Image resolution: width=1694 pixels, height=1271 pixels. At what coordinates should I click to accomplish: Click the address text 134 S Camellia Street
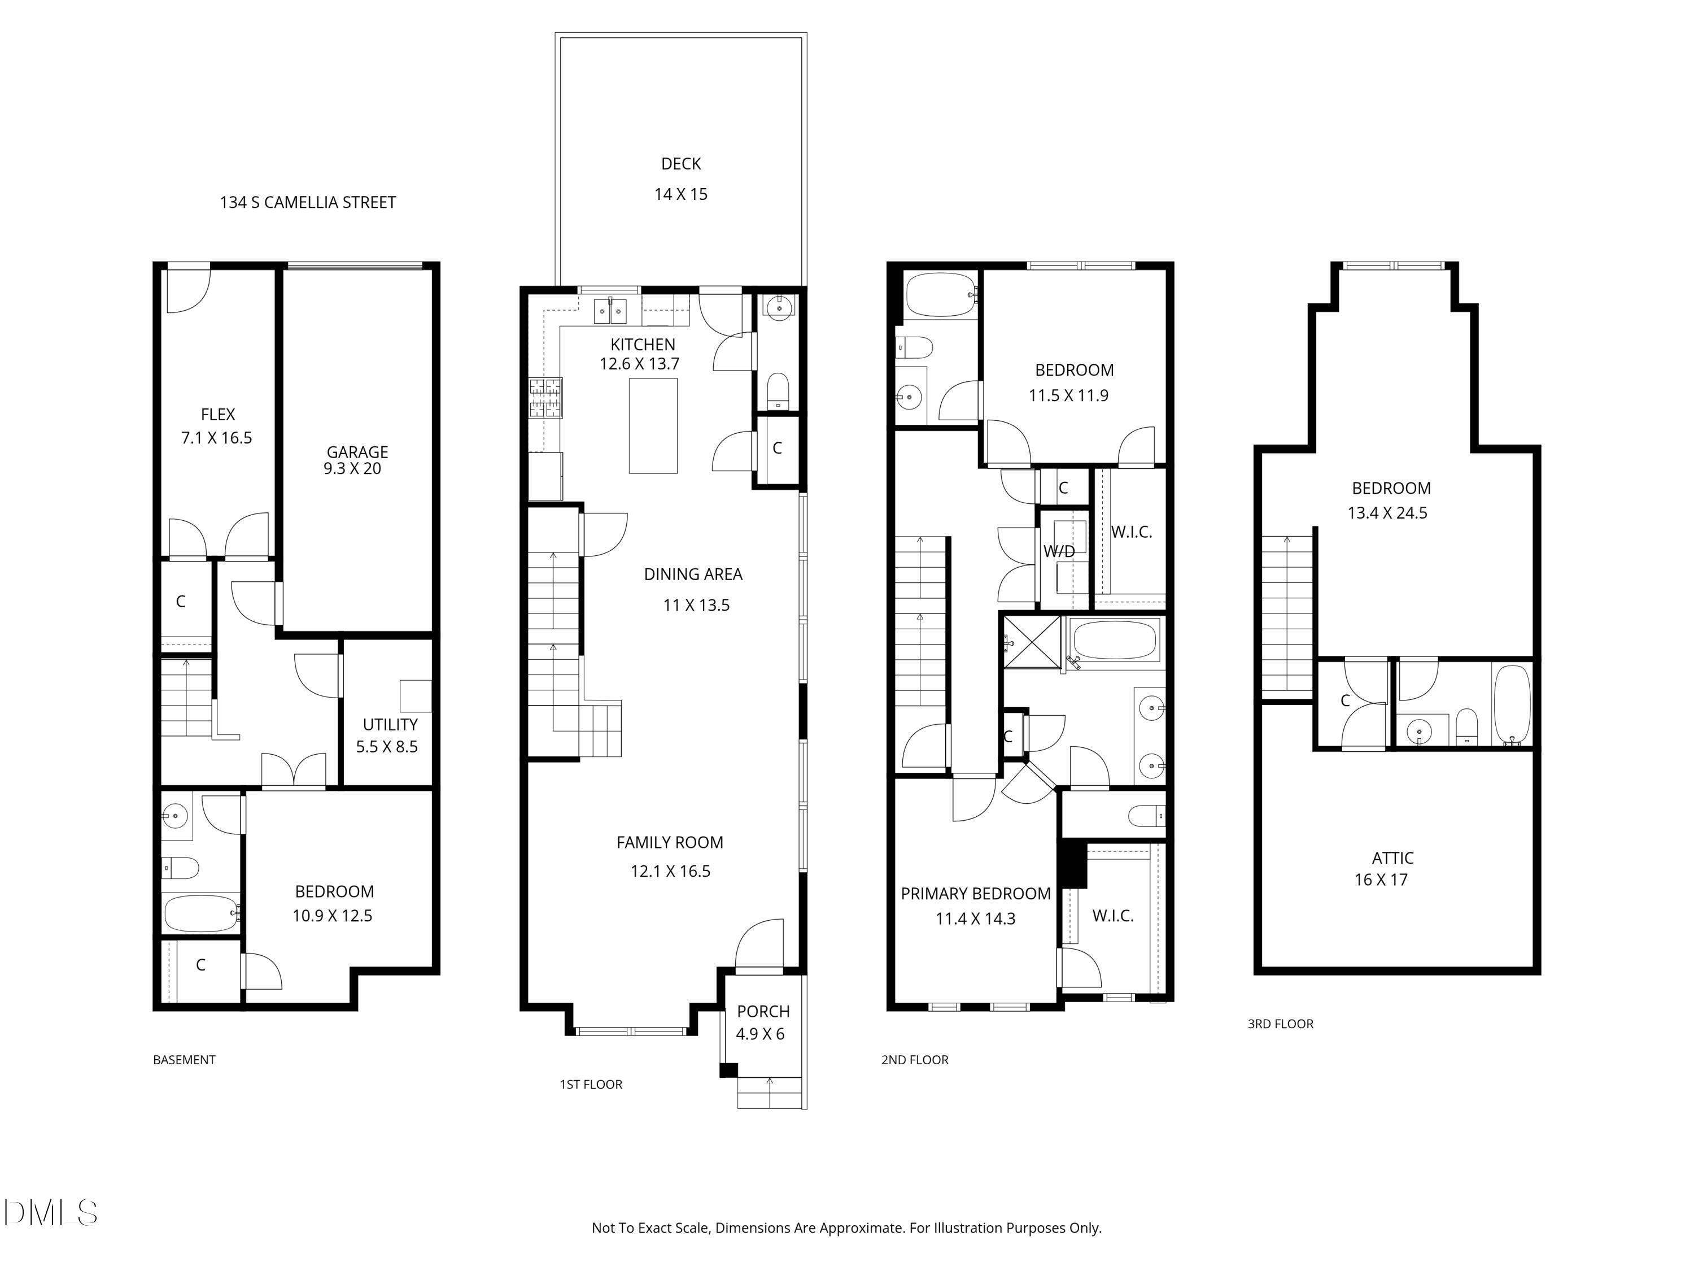(x=308, y=202)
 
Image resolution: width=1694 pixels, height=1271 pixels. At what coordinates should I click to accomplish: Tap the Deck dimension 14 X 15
(x=681, y=194)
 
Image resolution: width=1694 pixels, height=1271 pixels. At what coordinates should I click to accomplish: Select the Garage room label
(x=357, y=452)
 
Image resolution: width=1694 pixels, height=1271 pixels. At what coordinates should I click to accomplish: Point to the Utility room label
(x=391, y=725)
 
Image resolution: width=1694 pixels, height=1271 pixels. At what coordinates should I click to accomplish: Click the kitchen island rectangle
(x=653, y=426)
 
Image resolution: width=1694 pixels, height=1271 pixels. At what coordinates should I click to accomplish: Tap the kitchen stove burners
(x=545, y=398)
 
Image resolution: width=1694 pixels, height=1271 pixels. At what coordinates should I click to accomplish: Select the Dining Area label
(x=693, y=574)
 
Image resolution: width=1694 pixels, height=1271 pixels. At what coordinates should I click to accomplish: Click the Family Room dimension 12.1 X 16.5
(x=671, y=872)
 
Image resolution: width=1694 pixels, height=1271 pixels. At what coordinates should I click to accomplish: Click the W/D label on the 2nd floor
(x=1059, y=551)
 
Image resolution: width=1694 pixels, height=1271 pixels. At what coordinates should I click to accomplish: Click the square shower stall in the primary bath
(x=1032, y=641)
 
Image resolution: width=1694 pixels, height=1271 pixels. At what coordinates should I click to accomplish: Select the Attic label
(x=1393, y=858)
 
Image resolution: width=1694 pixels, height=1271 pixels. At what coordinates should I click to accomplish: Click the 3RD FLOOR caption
(x=1281, y=1024)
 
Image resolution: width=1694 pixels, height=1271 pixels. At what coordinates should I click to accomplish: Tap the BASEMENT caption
(x=185, y=1060)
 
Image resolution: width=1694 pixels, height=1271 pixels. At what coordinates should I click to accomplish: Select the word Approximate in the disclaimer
(x=862, y=1228)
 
